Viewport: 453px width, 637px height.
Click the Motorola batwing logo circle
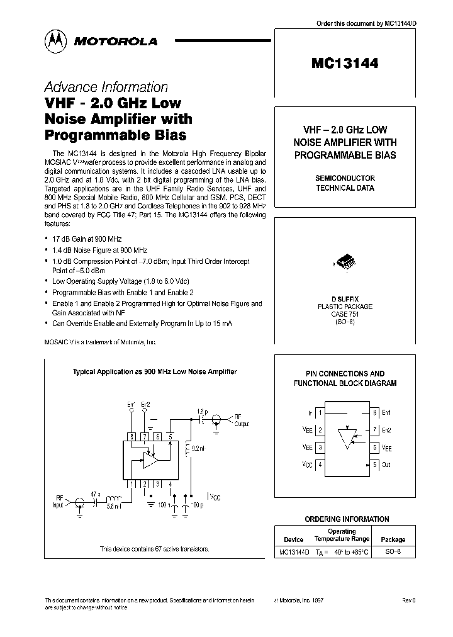click(57, 41)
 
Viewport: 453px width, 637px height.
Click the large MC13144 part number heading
click(344, 63)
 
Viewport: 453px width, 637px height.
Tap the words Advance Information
click(106, 87)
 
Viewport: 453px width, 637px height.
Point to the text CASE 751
click(344, 313)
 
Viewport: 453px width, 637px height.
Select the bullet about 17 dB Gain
click(87, 239)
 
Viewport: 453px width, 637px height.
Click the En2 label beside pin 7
click(386, 430)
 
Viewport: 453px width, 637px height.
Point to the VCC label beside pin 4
click(307, 465)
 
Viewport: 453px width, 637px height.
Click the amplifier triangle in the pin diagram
click(347, 437)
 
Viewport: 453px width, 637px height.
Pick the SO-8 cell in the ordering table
click(393, 551)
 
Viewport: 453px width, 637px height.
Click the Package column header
click(393, 539)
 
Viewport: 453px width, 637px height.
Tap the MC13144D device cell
click(293, 551)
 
